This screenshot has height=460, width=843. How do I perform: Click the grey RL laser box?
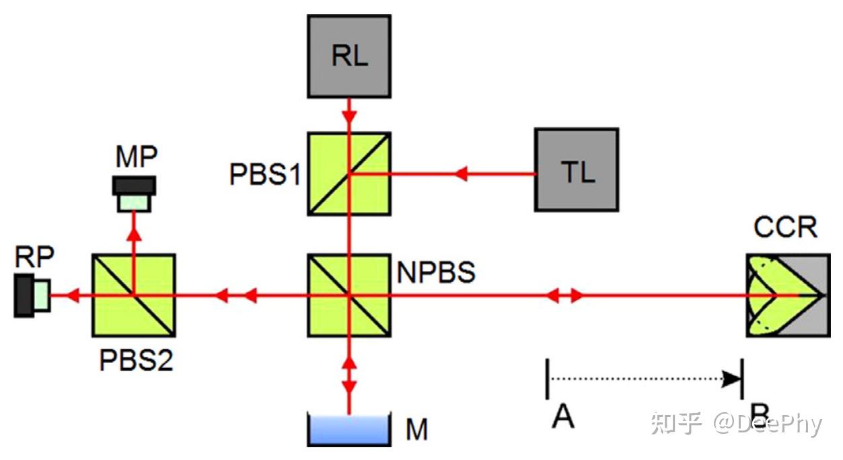click(x=349, y=56)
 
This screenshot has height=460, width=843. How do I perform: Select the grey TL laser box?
click(x=577, y=170)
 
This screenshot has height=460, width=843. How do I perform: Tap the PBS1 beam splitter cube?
click(x=349, y=174)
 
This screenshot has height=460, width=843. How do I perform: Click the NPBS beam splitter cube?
click(x=349, y=295)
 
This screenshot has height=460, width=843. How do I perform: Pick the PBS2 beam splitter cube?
click(x=134, y=295)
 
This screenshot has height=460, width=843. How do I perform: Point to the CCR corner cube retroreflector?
click(x=789, y=295)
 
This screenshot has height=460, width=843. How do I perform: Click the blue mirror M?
click(x=349, y=430)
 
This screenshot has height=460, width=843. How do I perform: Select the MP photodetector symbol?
click(x=135, y=194)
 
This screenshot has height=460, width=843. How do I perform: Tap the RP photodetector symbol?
click(x=32, y=296)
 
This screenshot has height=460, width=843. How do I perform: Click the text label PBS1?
click(x=265, y=174)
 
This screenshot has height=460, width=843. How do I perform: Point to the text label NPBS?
click(x=436, y=272)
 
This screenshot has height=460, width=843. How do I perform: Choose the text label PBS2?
click(x=136, y=360)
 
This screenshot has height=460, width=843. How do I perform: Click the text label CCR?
click(x=785, y=227)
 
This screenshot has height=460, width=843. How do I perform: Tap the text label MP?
click(x=137, y=157)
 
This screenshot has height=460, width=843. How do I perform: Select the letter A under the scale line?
click(x=563, y=416)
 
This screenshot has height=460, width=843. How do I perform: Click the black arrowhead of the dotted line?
click(x=731, y=379)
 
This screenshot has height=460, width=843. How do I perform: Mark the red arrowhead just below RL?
click(x=349, y=116)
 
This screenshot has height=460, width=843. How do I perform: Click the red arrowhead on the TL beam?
click(x=461, y=174)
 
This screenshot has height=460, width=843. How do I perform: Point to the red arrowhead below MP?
click(x=134, y=235)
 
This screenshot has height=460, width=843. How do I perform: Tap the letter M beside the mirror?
click(x=417, y=429)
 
